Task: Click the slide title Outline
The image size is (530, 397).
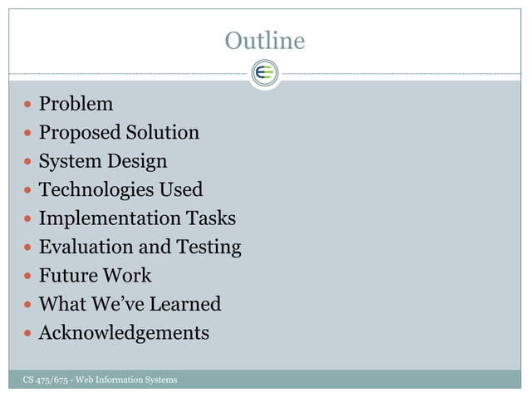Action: coord(265,40)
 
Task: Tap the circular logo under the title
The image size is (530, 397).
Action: coord(265,73)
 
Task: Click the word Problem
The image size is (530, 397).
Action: coord(76,104)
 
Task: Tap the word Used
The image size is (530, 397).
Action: coord(180,189)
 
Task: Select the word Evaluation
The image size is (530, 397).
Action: coord(86,247)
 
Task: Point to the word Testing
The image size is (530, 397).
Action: coord(209,247)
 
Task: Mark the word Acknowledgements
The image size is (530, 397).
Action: coord(124,333)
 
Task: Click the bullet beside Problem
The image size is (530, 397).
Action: coord(28,105)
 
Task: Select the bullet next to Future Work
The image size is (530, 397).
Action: coord(28,276)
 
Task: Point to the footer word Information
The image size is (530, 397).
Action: coord(123,380)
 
